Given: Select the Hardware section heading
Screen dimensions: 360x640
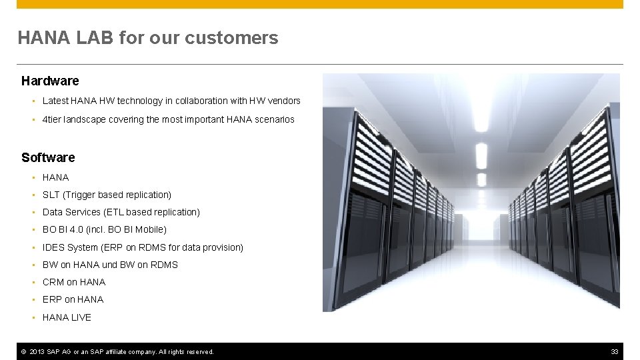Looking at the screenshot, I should click(50, 81).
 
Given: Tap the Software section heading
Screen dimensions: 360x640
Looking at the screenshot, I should click(48, 157).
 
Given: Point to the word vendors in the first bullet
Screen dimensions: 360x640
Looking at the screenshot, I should click(284, 101).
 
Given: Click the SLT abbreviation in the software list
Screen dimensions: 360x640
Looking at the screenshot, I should click(51, 195).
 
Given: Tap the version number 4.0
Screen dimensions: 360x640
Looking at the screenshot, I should click(83, 229).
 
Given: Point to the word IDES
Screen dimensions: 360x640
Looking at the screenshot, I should click(53, 247).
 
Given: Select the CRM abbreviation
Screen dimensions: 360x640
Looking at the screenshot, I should click(53, 282).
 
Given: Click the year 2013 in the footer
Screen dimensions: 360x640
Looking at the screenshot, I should click(38, 351).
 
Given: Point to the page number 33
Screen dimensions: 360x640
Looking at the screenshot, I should click(615, 351).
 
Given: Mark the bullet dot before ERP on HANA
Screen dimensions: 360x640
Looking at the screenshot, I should click(33, 300).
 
